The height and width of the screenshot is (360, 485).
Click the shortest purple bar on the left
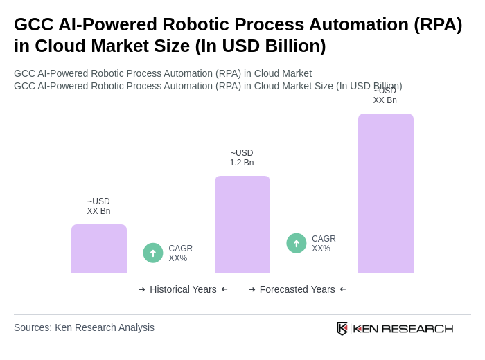point(99,249)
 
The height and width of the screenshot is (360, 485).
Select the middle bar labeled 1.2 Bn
point(242,224)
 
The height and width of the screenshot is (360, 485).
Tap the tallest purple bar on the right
point(386,193)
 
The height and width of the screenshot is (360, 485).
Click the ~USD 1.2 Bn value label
point(242,158)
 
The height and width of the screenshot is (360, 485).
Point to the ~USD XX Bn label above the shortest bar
point(98,206)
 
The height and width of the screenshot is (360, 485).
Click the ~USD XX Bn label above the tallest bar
point(385,96)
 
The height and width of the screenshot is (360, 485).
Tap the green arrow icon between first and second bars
point(153,253)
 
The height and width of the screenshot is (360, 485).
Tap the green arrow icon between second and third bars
point(297,243)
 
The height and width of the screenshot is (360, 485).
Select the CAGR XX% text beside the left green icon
point(180,253)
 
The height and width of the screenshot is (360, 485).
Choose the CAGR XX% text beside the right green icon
point(324,244)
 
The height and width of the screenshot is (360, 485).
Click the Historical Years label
point(183,289)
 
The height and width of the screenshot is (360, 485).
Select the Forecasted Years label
point(297,289)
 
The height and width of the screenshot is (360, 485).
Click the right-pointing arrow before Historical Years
point(142,289)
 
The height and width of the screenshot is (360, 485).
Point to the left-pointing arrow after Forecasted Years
point(343,289)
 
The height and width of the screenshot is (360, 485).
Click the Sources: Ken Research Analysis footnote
point(84,327)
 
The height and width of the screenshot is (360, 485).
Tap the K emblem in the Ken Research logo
point(342,328)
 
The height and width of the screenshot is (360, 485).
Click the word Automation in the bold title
point(355,24)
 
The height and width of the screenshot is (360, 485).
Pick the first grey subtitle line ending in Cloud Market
point(163,73)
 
